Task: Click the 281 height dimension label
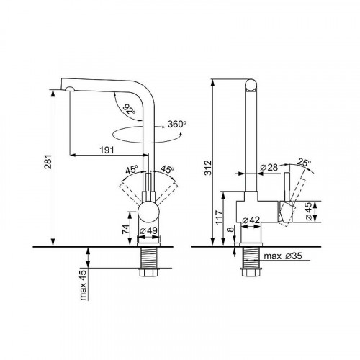(x=48, y=162)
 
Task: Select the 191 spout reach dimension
(x=107, y=150)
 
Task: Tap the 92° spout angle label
(x=129, y=109)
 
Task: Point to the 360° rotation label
(x=177, y=124)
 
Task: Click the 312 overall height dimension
(x=208, y=167)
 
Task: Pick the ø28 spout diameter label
(x=269, y=167)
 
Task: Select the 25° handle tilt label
(x=304, y=163)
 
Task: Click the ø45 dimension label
(x=309, y=211)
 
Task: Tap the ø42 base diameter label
(x=251, y=220)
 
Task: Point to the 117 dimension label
(x=219, y=217)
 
